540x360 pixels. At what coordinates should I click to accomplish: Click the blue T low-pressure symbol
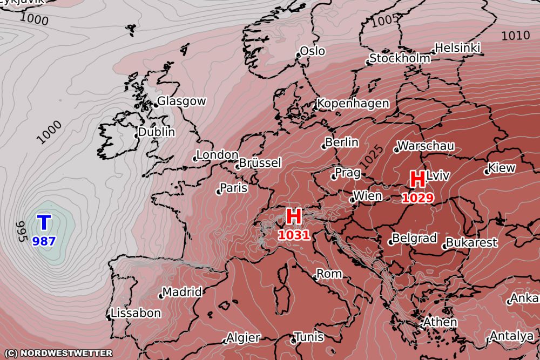pyautogui.click(x=44, y=222)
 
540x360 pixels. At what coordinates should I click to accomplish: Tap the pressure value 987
pyautogui.click(x=44, y=241)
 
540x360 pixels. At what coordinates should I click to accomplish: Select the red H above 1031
pyautogui.click(x=293, y=216)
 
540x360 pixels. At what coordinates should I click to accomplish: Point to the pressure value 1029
pyautogui.click(x=417, y=198)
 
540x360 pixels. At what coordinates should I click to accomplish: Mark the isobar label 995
pyautogui.click(x=22, y=230)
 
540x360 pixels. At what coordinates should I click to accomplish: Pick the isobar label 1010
pyautogui.click(x=515, y=36)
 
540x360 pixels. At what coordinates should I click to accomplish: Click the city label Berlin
pyautogui.click(x=342, y=142)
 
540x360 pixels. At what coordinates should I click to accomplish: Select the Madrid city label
pyautogui.click(x=182, y=292)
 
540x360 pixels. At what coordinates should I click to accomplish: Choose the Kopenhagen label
pyautogui.click(x=353, y=103)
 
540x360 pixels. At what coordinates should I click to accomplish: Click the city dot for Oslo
pyautogui.click(x=298, y=55)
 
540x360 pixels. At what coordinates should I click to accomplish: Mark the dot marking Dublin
pyautogui.click(x=137, y=135)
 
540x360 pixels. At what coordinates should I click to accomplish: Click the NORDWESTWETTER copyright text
pyautogui.click(x=57, y=353)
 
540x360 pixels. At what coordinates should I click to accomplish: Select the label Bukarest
pyautogui.click(x=471, y=242)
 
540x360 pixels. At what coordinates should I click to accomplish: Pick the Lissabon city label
pyautogui.click(x=136, y=313)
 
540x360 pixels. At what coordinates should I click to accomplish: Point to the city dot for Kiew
pyautogui.click(x=487, y=172)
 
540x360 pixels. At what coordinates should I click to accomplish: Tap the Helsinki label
pyautogui.click(x=457, y=47)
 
